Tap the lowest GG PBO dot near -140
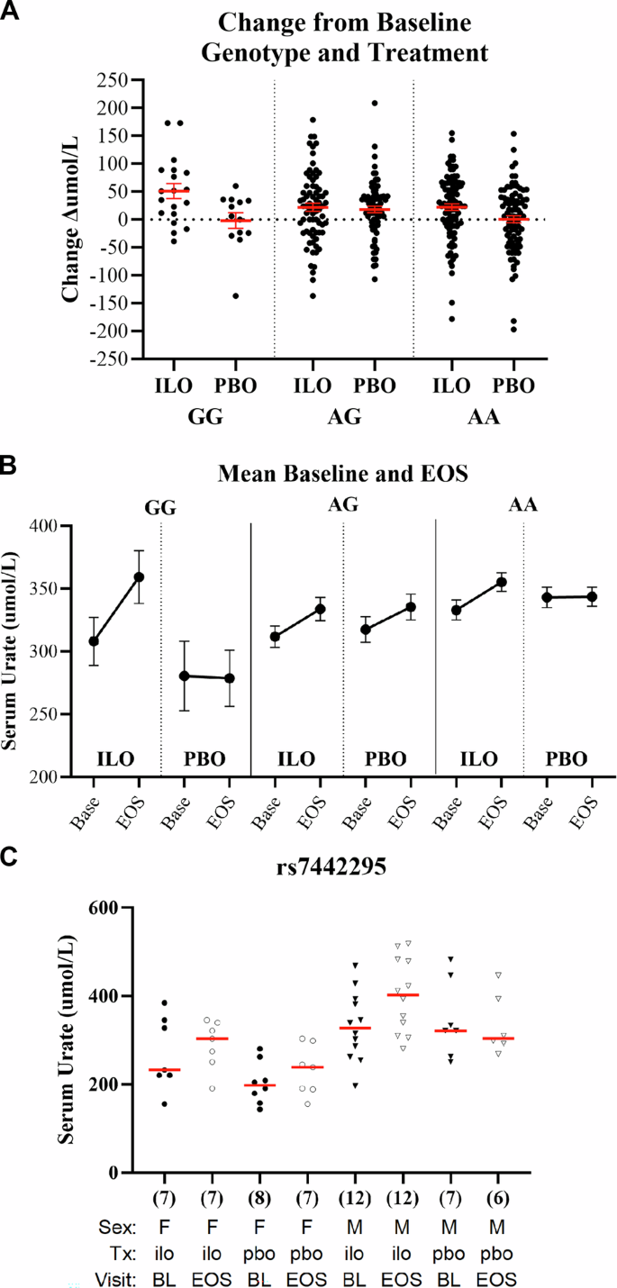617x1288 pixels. pos(236,295)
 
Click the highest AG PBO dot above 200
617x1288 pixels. pos(374,104)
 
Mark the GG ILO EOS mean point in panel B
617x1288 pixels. pos(139,576)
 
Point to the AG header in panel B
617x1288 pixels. pos(343,504)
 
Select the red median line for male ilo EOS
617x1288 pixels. pos(403,994)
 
